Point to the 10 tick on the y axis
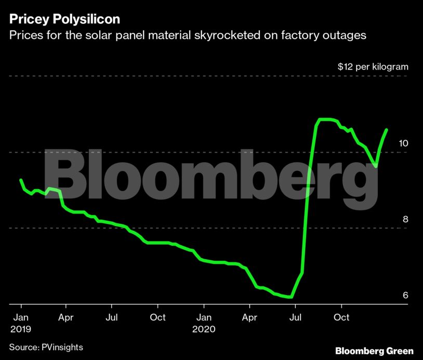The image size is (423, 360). pos(403,143)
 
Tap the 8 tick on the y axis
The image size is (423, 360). pos(405,219)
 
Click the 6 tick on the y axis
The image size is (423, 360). pos(405,295)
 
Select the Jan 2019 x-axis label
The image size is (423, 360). pos(20,323)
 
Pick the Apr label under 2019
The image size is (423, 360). pos(65,317)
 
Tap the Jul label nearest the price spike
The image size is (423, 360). pos(295,317)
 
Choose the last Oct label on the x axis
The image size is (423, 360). pos(341,317)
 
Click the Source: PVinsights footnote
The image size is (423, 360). pos(46,347)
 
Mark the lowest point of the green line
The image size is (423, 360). pos(291,297)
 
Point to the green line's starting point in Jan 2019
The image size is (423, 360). pos(21,180)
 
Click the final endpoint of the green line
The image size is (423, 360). pos(387,130)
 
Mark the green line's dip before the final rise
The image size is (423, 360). pos(375,166)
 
